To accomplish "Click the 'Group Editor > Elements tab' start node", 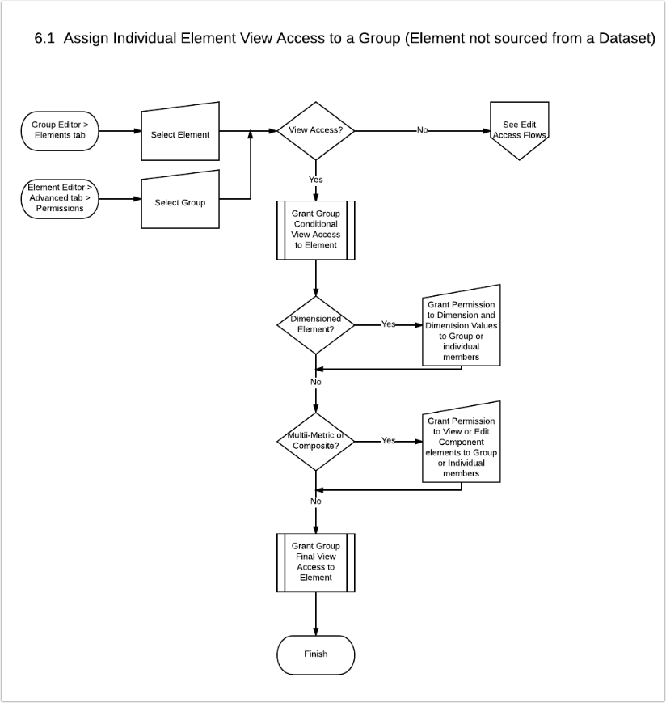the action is tap(60, 131).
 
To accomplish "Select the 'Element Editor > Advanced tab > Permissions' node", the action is tap(60, 199).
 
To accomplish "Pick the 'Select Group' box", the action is tap(180, 201).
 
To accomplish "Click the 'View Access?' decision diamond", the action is tap(316, 131).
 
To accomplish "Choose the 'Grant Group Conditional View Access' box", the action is tap(316, 230).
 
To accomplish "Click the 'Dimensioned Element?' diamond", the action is tap(316, 325).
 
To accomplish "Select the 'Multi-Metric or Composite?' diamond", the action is tap(316, 442).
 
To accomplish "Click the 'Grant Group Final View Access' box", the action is tap(316, 563).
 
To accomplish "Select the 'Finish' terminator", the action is tap(316, 655).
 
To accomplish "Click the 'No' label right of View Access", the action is tap(423, 130).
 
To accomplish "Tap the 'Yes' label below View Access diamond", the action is tap(316, 180).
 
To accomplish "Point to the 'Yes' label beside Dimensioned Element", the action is tap(388, 324).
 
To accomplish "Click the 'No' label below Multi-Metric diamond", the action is tap(316, 501).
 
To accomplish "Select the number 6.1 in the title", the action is tap(44, 39).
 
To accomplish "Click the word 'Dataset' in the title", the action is tap(626, 39).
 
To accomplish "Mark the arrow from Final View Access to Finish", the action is tap(316, 614).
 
